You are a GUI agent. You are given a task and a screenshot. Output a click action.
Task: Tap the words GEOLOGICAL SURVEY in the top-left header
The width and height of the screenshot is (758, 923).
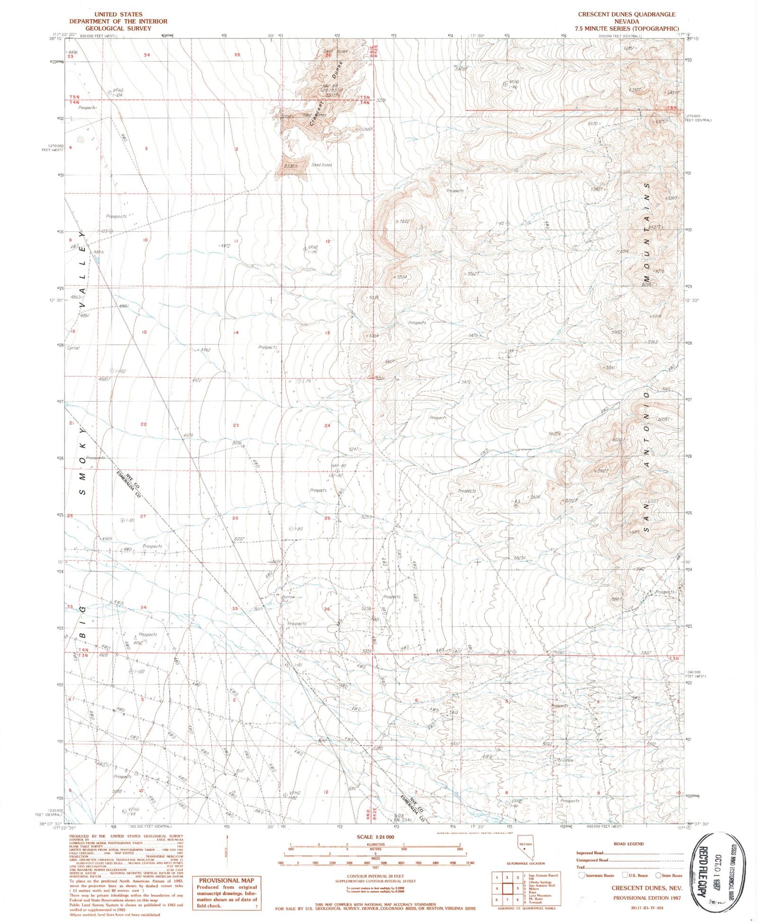[x=118, y=29]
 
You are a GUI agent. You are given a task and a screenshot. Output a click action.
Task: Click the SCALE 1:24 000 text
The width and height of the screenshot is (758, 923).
[x=375, y=837]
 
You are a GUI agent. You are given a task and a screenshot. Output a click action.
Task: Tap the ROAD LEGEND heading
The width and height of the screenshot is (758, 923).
[x=628, y=844]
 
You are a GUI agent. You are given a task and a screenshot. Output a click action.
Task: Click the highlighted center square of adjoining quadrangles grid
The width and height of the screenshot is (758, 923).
[x=507, y=888]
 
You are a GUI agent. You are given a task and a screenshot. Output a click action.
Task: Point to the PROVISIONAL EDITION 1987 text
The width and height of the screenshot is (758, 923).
[x=647, y=898]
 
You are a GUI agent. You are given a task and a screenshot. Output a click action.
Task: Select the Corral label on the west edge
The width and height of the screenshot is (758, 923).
[x=73, y=348]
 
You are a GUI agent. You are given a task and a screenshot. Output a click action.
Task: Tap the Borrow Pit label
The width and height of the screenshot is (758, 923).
[x=288, y=598]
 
